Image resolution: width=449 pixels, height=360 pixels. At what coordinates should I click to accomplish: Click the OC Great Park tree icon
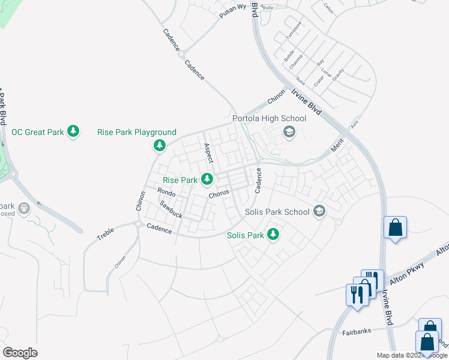(73, 131)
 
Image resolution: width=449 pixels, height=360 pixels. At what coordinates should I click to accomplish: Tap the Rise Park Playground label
(137, 132)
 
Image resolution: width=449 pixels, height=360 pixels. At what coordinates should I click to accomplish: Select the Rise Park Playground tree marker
(160, 145)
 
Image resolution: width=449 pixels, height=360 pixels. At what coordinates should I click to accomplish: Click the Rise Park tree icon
(207, 179)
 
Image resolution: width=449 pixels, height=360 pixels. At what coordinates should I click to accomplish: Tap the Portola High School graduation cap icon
(289, 132)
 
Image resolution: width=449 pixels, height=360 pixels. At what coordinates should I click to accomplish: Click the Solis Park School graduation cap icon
(319, 211)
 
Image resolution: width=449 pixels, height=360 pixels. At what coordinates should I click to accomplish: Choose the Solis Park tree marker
(274, 235)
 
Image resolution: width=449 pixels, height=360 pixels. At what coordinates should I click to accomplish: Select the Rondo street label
(166, 193)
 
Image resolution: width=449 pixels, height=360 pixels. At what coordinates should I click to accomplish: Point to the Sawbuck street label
(171, 210)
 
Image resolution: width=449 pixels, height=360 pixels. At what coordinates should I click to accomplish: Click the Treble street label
(106, 233)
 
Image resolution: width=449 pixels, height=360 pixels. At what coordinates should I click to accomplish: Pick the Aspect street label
(208, 154)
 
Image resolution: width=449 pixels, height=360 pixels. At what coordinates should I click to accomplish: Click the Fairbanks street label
(357, 331)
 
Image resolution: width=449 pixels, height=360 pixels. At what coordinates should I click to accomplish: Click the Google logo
(20, 353)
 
